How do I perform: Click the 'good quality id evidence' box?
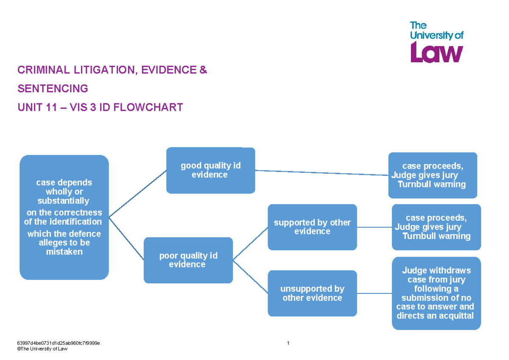210,170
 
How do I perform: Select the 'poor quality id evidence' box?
188,260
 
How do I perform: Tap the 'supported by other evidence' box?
312,227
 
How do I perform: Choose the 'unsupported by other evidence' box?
312,293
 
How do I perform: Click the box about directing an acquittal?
436,293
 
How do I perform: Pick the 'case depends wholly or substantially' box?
64,217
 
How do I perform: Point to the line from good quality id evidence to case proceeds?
322,173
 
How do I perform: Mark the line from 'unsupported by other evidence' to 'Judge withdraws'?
374,293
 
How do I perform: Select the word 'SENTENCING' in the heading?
53,89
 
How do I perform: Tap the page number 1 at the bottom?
288,343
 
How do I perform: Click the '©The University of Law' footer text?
42,349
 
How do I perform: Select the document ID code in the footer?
58,343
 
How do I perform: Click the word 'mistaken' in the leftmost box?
64,252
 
